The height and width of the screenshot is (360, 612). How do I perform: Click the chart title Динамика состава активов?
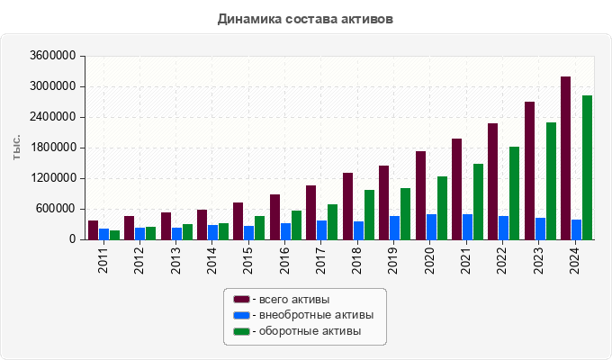pos(305,19)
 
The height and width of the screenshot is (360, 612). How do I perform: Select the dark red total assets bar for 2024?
pos(565,158)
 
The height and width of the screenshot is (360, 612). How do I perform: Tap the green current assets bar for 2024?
pos(587,167)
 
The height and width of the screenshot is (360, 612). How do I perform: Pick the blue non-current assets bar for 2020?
pos(431,227)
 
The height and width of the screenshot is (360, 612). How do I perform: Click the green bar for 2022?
pos(514,193)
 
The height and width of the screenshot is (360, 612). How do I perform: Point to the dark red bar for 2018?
pos(347,206)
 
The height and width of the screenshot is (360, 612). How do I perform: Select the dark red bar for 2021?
pos(456,189)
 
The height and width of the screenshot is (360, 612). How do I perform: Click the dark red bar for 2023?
pos(529,171)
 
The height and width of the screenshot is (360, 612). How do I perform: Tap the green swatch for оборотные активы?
pos(241,332)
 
